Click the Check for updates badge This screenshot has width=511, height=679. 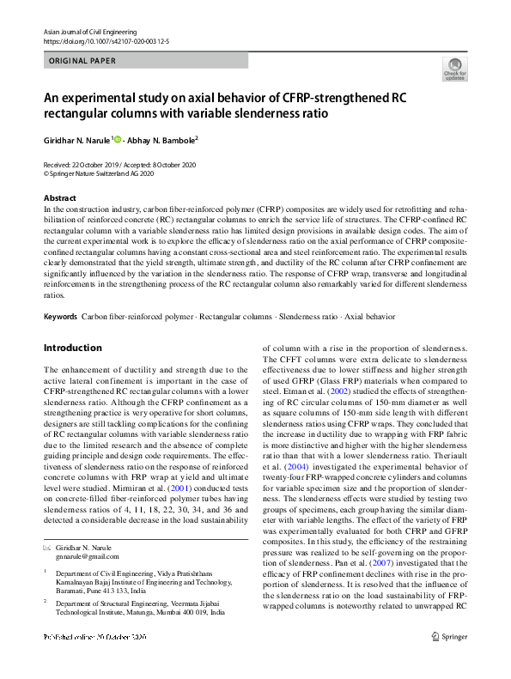[454, 70]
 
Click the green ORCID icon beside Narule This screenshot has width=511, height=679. [118, 138]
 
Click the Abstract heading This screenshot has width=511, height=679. [59, 198]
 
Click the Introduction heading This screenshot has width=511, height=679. [72, 348]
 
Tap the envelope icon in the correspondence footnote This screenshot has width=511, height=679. [46, 524]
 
